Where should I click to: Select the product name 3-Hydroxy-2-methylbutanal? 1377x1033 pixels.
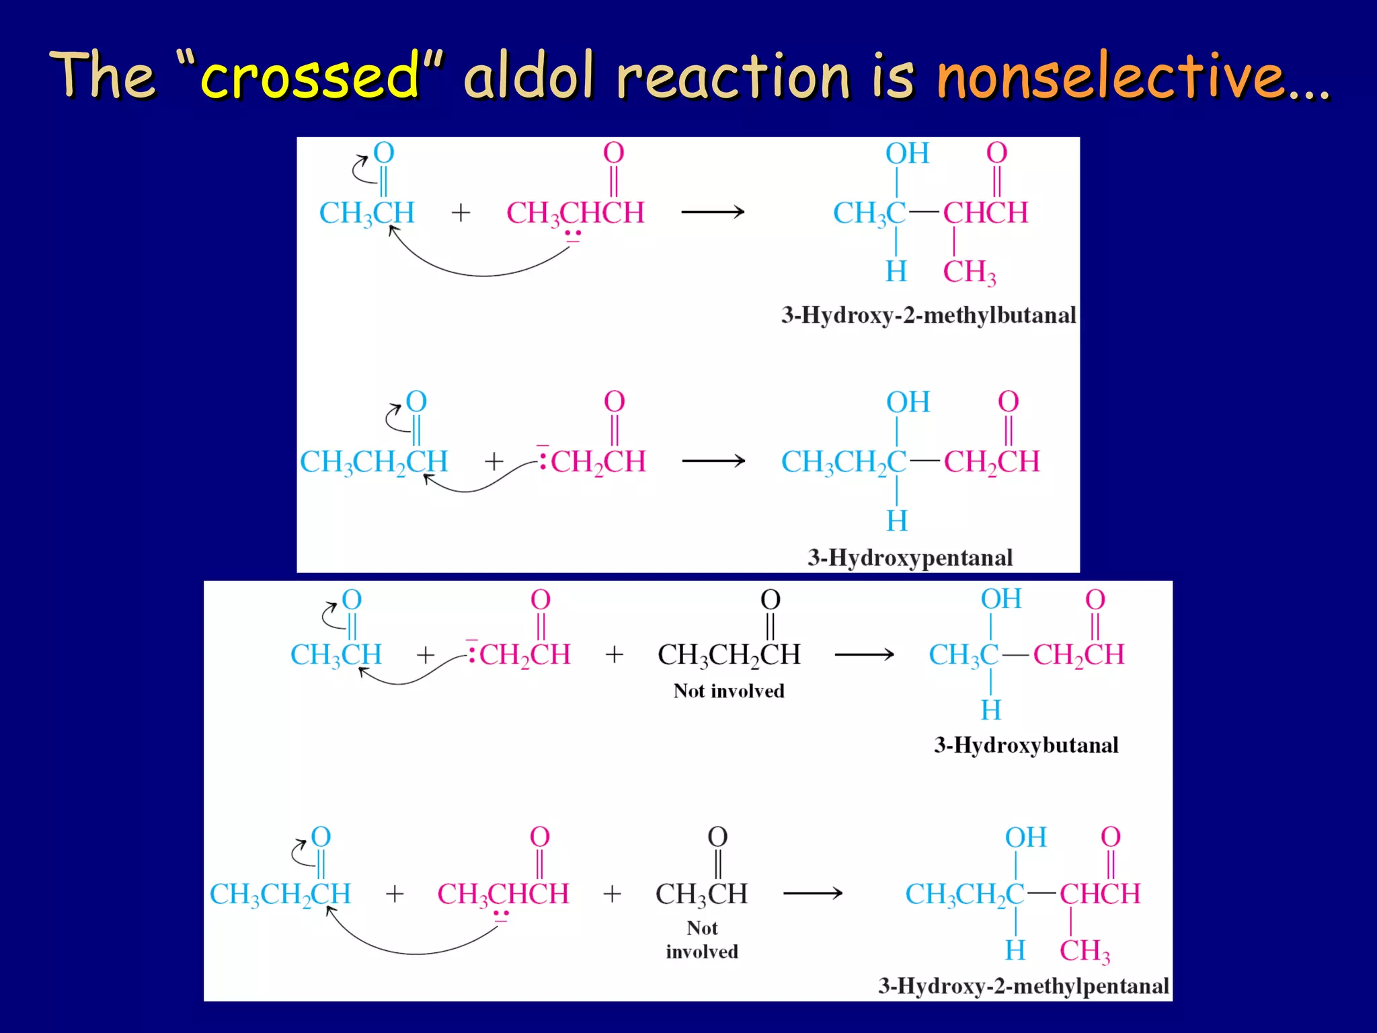(x=929, y=315)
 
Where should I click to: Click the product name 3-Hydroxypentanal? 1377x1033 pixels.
(x=910, y=558)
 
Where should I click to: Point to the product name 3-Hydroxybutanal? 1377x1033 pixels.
(x=1026, y=744)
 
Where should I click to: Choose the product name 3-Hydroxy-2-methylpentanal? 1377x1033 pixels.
(x=1023, y=986)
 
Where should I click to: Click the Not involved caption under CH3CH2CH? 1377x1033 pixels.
(x=729, y=691)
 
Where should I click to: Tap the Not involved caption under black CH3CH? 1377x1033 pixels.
(x=702, y=940)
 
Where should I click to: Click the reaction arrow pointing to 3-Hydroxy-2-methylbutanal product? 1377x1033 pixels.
(x=713, y=212)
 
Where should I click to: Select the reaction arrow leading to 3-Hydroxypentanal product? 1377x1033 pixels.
(x=713, y=461)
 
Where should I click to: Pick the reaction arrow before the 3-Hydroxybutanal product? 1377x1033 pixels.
(x=864, y=654)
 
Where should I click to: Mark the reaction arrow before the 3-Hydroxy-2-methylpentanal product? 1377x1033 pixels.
(x=812, y=893)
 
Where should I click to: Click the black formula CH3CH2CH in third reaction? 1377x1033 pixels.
(x=729, y=654)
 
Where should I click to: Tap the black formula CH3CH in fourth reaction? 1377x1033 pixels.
(x=701, y=894)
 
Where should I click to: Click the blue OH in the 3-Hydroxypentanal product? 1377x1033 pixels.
(x=908, y=402)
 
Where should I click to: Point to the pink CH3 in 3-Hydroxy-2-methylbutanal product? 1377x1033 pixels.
(x=969, y=272)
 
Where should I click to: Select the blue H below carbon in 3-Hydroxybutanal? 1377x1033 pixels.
(x=990, y=710)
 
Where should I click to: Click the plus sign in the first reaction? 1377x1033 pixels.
(x=461, y=213)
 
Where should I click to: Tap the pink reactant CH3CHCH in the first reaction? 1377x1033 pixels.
(x=575, y=213)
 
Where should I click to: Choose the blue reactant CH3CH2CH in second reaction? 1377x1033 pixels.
(x=374, y=462)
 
